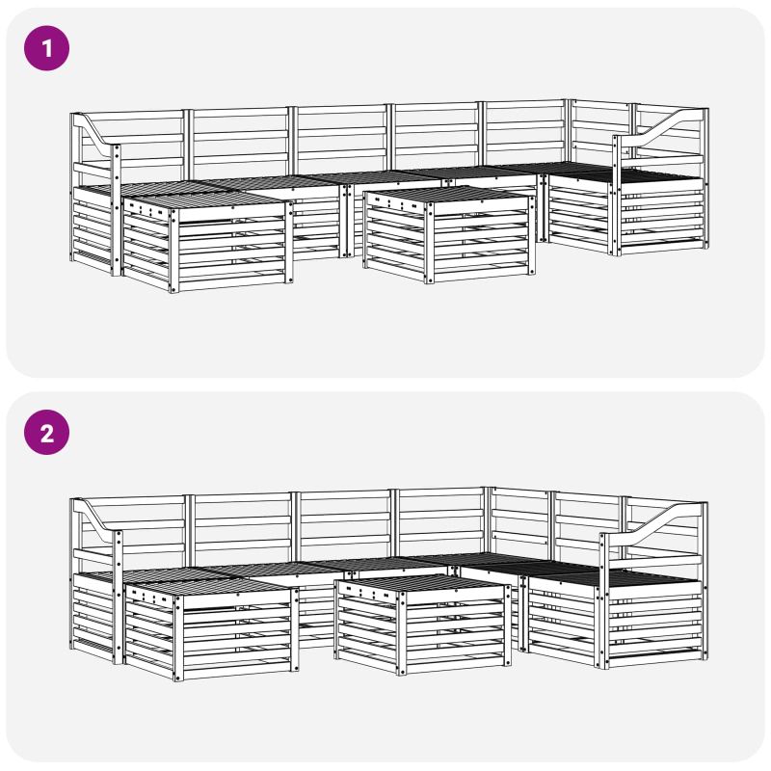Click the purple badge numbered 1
pos(46,48)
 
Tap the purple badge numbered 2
pos(46,433)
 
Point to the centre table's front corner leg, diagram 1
pos(429,243)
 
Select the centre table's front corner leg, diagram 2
pos(401,633)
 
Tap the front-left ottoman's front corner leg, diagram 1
pos(173,251)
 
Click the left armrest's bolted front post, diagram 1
pos(116,210)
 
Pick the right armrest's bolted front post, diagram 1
pos(616,196)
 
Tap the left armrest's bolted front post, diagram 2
pos(118,598)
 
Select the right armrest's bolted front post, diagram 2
pos(604,600)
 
